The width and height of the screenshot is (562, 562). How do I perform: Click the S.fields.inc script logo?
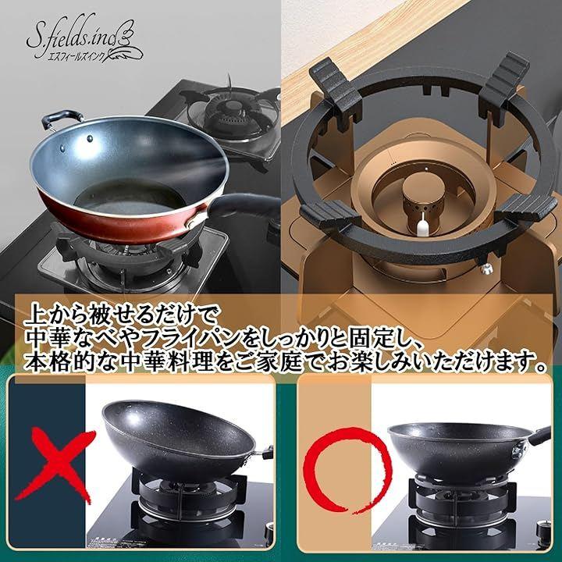pos(84,37)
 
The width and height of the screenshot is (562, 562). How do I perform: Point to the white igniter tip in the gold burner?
pos(421,226)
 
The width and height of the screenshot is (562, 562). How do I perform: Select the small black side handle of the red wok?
pos(60,119)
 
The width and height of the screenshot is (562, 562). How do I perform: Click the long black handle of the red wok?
pos(244,205)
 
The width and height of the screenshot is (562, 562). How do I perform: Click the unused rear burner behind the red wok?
pos(233,115)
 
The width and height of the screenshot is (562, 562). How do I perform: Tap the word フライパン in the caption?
pos(187,337)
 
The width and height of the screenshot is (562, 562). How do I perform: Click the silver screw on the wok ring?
pos(486,269)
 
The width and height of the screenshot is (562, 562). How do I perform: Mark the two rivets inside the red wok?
pos(76,144)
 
